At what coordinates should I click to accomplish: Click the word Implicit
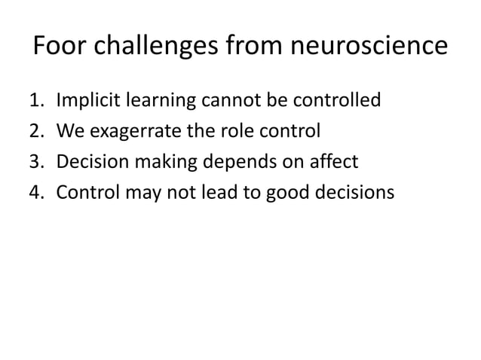pos(84,99)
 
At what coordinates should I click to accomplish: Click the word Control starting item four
pos(85,194)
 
